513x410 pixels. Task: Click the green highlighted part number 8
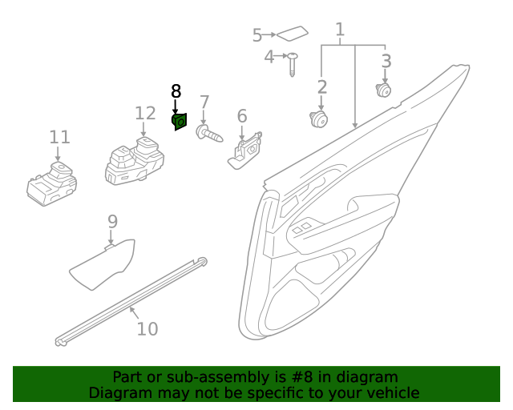pos(180,121)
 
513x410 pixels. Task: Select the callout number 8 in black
pos(176,91)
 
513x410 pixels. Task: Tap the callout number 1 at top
pos(340,30)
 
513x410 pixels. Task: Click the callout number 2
pos(322,87)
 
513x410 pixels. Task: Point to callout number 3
pos(386,61)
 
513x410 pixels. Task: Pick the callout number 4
pos(269,56)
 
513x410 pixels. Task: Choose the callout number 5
pos(257,35)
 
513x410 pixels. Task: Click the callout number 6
pos(242,117)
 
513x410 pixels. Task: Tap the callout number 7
pos(204,102)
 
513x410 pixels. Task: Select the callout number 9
pos(112,221)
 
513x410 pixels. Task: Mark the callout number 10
pos(147,328)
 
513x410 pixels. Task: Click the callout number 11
pos(60,137)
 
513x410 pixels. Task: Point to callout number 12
pos(144,113)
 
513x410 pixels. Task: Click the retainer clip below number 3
pos(384,90)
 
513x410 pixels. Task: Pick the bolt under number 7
pos(208,132)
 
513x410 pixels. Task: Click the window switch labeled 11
pos(51,183)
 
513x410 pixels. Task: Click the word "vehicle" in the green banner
pos(388,392)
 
